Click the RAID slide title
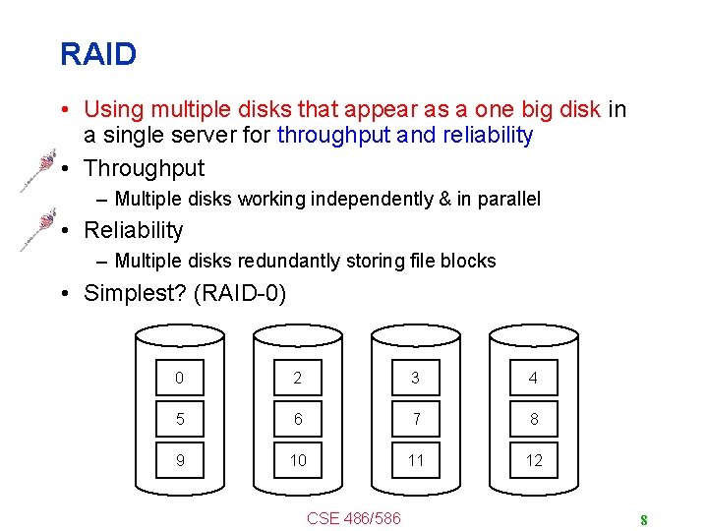(97, 54)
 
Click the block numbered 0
(179, 378)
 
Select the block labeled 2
(297, 378)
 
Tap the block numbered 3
(415, 378)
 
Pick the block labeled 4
(533, 378)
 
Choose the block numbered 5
(179, 419)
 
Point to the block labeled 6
(297, 419)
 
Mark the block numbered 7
(415, 419)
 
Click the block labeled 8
(533, 419)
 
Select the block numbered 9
(179, 460)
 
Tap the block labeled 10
(297, 460)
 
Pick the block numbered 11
(415, 460)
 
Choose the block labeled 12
(533, 460)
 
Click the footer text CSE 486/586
(354, 517)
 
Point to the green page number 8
(643, 520)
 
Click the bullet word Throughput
(145, 168)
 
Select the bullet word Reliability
(134, 230)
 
